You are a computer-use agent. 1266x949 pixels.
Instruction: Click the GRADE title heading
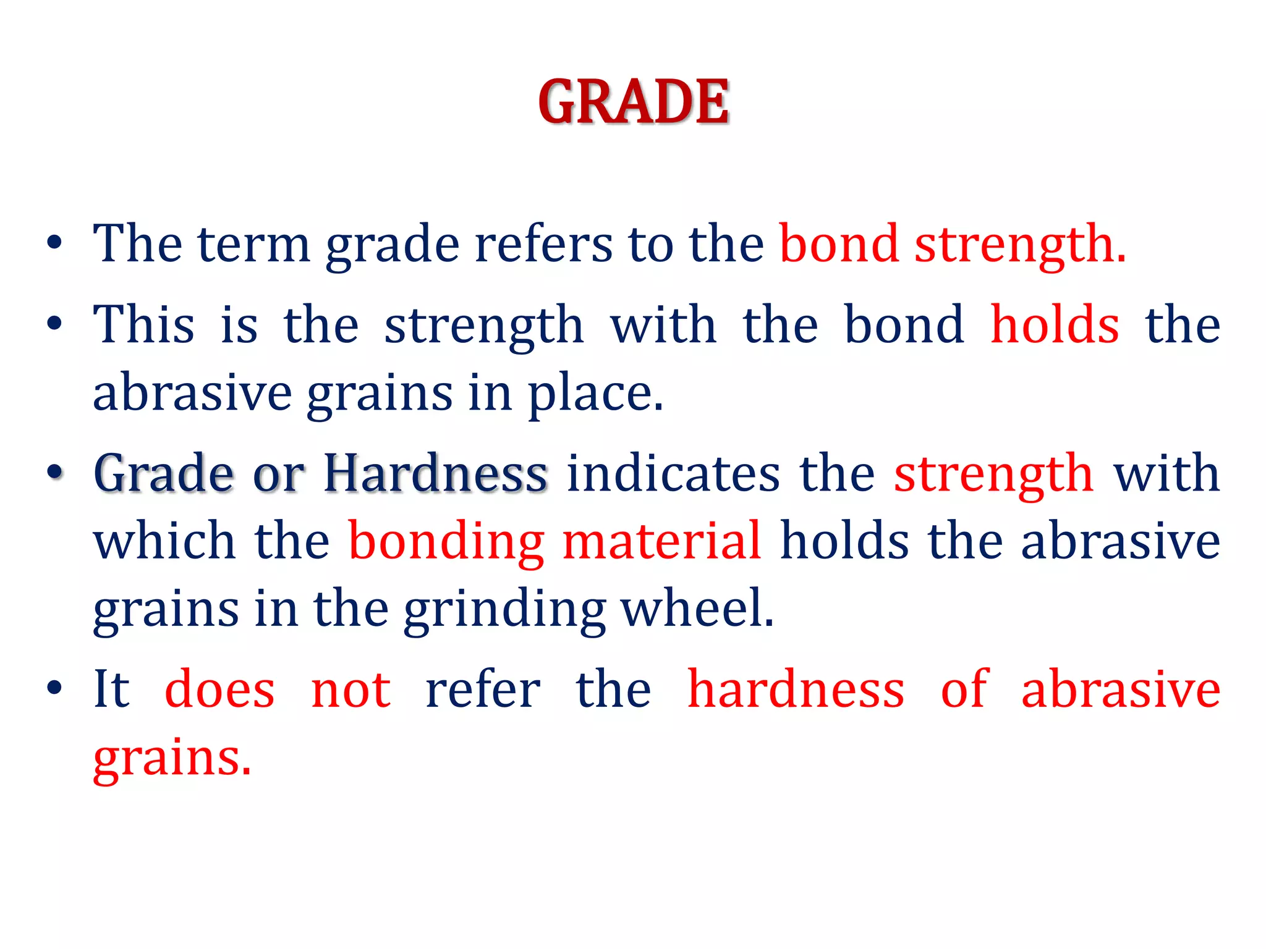point(633,102)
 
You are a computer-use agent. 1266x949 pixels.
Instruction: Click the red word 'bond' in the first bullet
point(838,244)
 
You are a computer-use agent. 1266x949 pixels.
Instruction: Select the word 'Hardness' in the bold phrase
point(436,473)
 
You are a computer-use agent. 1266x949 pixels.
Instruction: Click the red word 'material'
point(661,541)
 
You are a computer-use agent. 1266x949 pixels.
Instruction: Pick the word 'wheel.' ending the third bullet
point(697,608)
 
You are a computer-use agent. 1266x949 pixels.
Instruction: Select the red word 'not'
point(350,690)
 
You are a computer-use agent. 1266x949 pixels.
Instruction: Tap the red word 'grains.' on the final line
point(172,759)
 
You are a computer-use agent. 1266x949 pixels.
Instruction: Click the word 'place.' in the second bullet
point(595,394)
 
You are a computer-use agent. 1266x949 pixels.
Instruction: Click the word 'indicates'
point(673,473)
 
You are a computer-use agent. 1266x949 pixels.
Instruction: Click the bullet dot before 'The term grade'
point(54,242)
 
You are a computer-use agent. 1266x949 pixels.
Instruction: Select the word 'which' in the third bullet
point(164,541)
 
